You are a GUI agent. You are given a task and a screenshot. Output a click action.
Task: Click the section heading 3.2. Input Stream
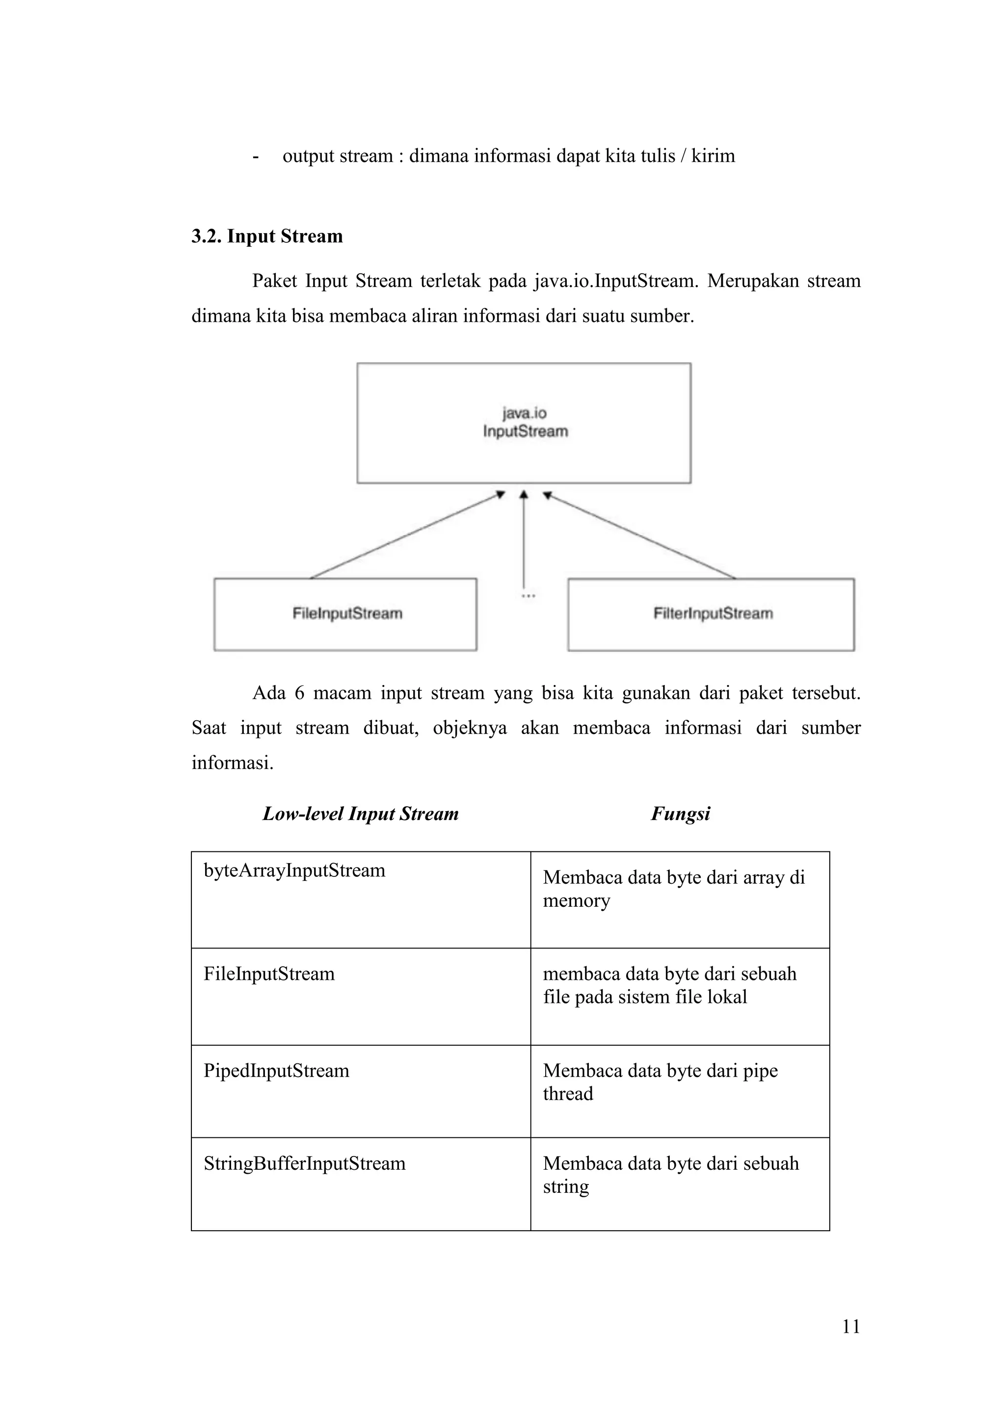click(x=267, y=237)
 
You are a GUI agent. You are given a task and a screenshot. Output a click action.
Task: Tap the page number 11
click(x=851, y=1326)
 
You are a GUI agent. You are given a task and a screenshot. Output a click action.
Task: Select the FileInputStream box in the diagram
click(x=345, y=614)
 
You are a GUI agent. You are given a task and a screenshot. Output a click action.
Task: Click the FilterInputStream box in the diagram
click(x=711, y=614)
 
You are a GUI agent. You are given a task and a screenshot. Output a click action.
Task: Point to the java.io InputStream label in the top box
click(x=525, y=422)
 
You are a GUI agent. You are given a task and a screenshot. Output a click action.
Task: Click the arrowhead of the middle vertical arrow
click(x=524, y=495)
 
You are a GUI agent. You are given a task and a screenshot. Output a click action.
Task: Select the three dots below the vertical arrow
click(x=528, y=595)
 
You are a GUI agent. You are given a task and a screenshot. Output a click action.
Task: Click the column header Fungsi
click(x=680, y=813)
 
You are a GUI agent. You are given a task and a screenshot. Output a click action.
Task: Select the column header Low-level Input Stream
click(x=360, y=813)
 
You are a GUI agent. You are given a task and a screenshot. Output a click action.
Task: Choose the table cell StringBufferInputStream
click(x=304, y=1163)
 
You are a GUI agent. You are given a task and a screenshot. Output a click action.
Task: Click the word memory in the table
click(x=576, y=901)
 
